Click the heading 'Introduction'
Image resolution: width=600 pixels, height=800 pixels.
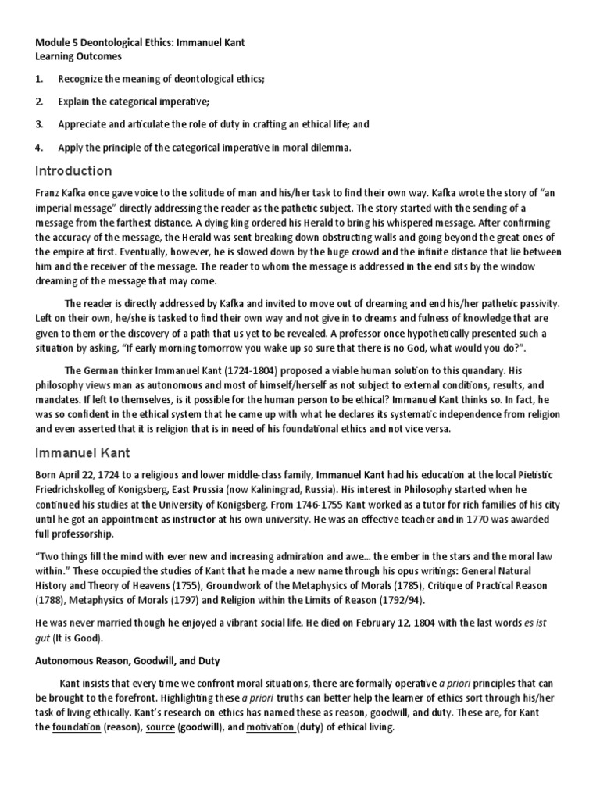click(x=73, y=171)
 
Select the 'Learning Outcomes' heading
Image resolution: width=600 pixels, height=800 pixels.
click(x=78, y=56)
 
